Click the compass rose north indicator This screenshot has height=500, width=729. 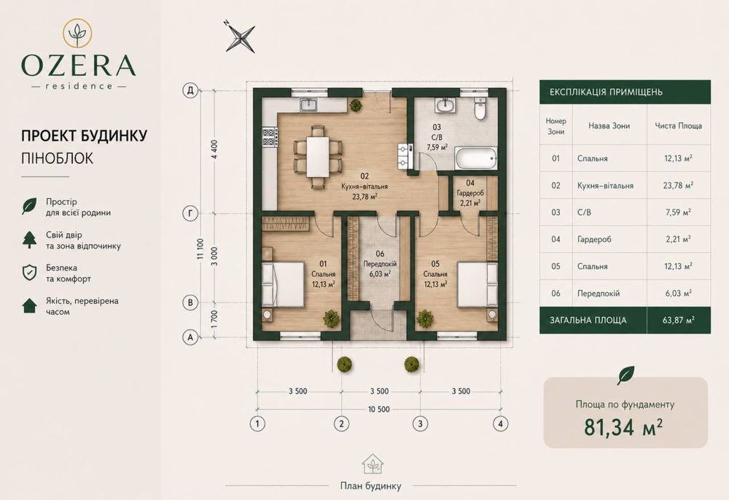(240, 36)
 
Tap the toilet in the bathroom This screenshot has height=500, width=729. (480, 109)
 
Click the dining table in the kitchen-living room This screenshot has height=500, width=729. (318, 157)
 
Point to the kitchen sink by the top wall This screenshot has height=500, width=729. (308, 106)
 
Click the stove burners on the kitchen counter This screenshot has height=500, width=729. (270, 137)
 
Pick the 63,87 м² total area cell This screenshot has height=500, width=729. (679, 320)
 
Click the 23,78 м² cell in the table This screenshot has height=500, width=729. (678, 185)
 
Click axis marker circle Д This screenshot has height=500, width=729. (190, 90)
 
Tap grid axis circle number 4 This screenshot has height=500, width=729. (500, 423)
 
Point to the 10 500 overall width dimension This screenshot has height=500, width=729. (379, 410)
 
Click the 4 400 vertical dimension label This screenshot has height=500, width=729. (214, 149)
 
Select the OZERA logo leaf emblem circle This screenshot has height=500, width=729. (77, 33)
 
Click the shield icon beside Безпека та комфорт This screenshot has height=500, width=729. (29, 273)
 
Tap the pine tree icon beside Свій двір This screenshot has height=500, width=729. (30, 240)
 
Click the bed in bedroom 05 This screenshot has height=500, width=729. (480, 284)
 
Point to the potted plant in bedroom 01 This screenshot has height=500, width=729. (331, 318)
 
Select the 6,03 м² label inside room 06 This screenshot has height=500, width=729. (380, 274)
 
